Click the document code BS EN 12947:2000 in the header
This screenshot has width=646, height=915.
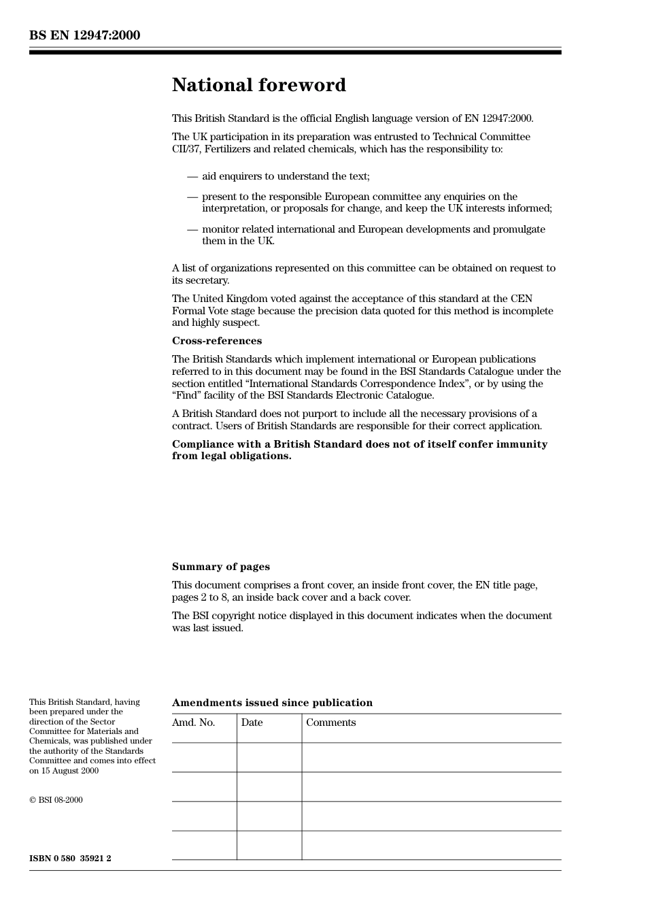(84, 35)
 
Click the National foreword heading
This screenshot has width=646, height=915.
(258, 85)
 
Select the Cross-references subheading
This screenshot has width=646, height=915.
(216, 341)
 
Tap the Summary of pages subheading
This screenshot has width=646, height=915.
(220, 567)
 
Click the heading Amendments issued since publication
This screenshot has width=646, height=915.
(272, 703)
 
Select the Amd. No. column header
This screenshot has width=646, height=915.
(193, 722)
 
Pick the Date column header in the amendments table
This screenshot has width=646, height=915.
(252, 722)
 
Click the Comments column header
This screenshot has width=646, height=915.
(330, 722)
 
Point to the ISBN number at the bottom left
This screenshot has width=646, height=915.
(70, 859)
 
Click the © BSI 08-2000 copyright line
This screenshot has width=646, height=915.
(56, 800)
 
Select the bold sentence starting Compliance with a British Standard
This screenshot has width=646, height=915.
(359, 450)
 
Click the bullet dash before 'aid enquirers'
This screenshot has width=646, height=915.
(192, 176)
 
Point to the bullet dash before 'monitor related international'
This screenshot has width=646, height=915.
(192, 229)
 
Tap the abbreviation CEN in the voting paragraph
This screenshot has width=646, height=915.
(520, 299)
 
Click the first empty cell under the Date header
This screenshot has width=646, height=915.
(269, 757)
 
